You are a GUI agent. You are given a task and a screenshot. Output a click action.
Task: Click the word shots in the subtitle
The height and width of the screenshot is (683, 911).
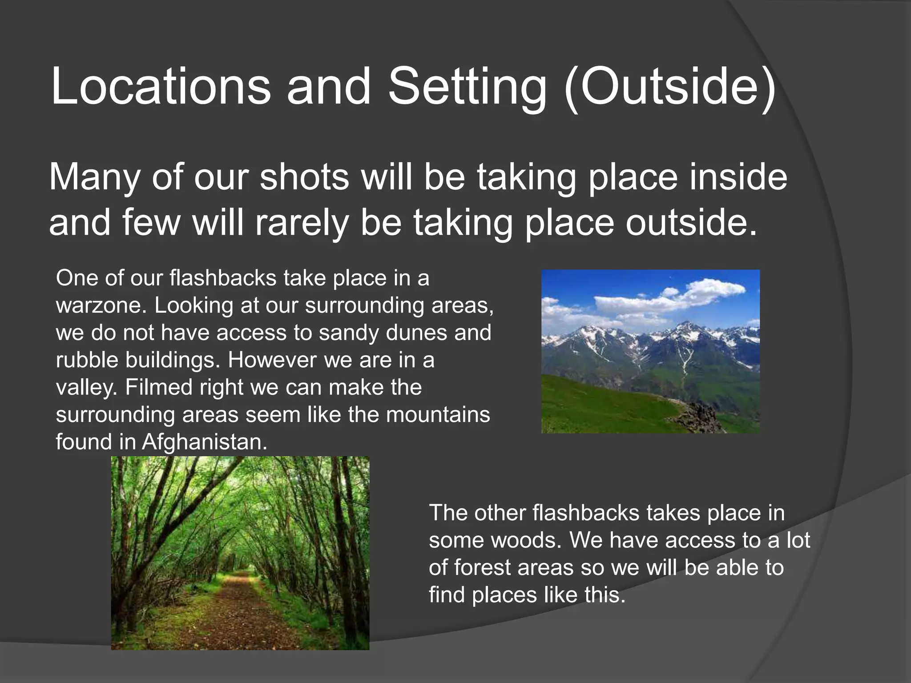pyautogui.click(x=304, y=177)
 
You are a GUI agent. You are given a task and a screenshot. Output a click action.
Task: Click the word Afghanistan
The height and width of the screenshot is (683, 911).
pyautogui.click(x=205, y=442)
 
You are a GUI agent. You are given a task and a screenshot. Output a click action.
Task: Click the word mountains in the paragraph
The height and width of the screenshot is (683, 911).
pyautogui.click(x=438, y=415)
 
